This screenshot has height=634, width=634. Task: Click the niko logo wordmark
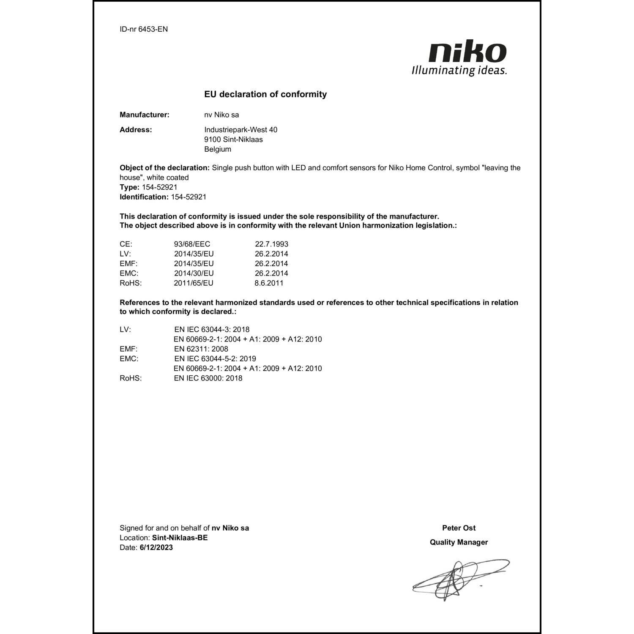pos(467,52)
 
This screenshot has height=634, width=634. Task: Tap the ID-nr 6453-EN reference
pos(144,29)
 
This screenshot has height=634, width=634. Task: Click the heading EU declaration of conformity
pos(265,94)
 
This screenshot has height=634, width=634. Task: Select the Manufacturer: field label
pos(145,115)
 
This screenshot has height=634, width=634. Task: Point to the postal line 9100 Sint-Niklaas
pos(233,139)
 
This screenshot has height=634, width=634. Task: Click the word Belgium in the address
pos(218,149)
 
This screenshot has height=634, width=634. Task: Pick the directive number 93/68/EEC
pos(192,244)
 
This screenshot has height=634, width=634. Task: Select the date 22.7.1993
pos(271,244)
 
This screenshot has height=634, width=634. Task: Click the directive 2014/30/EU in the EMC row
pos(194,273)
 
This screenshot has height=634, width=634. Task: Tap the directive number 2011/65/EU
pos(194,283)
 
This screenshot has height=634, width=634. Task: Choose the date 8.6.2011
pos(269,283)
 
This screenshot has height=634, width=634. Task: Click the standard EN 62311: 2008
pos(201,349)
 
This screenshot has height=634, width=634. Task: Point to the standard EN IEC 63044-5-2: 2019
pos(215,359)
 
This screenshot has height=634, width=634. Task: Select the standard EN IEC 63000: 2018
pos(208,378)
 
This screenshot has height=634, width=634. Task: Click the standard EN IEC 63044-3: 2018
pos(212,330)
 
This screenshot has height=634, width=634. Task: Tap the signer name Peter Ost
pos(459,528)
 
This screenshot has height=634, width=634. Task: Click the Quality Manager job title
pos(459,542)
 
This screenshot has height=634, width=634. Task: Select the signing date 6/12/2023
pos(156,548)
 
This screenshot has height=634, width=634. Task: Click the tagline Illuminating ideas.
pos(459,70)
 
